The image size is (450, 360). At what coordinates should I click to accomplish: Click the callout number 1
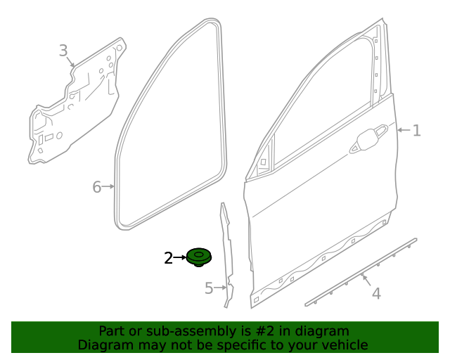click(416, 130)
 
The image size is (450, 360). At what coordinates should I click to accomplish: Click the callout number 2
click(168, 258)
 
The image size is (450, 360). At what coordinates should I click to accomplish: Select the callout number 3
click(63, 51)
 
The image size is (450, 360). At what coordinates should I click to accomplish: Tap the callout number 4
click(376, 294)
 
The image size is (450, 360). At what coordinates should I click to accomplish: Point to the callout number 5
click(209, 288)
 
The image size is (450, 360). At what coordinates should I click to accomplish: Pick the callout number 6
click(97, 186)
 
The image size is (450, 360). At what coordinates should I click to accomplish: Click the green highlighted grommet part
click(200, 257)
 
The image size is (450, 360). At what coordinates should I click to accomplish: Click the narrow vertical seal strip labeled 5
click(226, 253)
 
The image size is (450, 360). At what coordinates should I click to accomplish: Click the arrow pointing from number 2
click(180, 258)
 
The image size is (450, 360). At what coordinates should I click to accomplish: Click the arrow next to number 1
click(402, 130)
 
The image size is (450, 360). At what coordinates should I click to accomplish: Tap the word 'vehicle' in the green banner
click(342, 345)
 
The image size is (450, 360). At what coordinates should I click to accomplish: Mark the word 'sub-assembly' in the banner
click(179, 330)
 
